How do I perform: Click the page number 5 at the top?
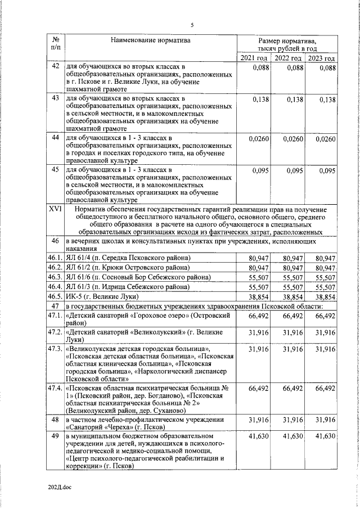(x=192, y=25)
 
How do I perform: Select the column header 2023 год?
(x=321, y=58)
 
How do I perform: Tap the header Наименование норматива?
(x=150, y=40)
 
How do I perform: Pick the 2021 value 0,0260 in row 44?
(x=257, y=138)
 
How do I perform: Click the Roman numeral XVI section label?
(x=55, y=209)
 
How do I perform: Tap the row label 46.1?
(x=55, y=258)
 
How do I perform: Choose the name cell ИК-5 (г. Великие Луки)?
(x=102, y=296)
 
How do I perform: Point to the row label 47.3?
(x=55, y=349)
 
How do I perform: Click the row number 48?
(x=55, y=420)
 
